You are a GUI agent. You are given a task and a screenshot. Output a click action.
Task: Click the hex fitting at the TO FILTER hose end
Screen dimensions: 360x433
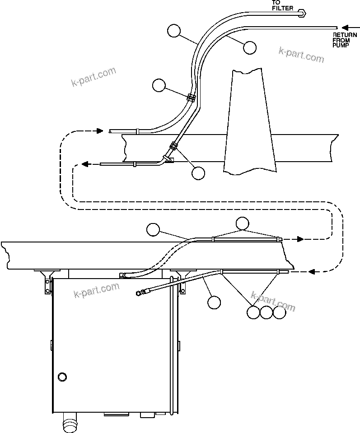tap(302, 14)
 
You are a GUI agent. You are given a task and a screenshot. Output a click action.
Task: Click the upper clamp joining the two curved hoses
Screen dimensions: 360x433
tap(191, 97)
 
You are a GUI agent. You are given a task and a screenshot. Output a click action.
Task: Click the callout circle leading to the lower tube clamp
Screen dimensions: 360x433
tap(198, 173)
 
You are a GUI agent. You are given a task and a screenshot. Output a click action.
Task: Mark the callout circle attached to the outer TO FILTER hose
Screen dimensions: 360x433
tap(173, 31)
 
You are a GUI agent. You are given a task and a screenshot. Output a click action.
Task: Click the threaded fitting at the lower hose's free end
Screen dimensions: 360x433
tap(139, 293)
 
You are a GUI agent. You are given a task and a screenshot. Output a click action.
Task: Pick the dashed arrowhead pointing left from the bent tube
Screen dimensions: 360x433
tap(84, 165)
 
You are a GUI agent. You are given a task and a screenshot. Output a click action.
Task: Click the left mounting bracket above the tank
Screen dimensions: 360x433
tap(47, 280)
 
